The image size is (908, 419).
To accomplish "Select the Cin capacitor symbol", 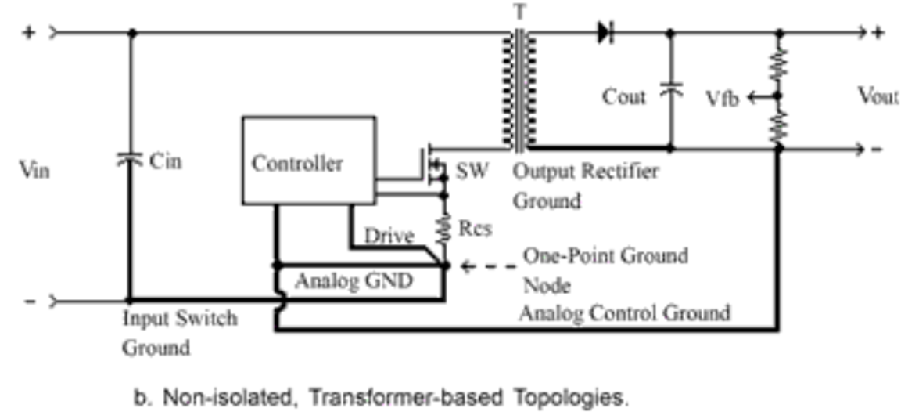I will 130,159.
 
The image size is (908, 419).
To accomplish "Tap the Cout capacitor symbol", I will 669,91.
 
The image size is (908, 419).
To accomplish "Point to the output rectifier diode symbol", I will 605,33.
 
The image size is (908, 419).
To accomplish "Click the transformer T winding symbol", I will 518,90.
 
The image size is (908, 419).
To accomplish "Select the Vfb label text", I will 719,99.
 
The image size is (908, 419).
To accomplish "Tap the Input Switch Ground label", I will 180,333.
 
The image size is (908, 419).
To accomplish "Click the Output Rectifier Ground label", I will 585,186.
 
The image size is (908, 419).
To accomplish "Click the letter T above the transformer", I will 517,10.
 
